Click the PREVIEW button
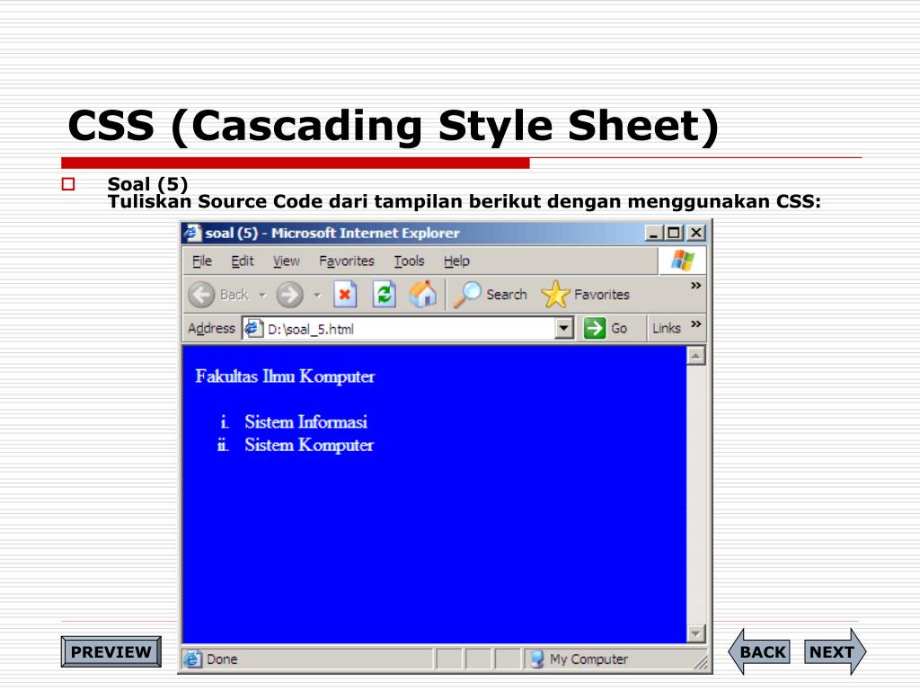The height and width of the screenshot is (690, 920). pyautogui.click(x=111, y=652)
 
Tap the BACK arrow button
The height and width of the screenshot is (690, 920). pyautogui.click(x=759, y=651)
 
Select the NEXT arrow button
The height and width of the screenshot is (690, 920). pyautogui.click(x=835, y=651)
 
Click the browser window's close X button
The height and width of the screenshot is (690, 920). pyautogui.click(x=696, y=233)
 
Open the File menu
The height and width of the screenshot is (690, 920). pyautogui.click(x=202, y=261)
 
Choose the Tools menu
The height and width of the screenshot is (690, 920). pyautogui.click(x=409, y=261)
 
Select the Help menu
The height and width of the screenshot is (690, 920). pyautogui.click(x=456, y=261)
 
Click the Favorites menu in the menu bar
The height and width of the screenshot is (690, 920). pyautogui.click(x=347, y=261)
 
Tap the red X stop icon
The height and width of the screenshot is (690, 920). pyautogui.click(x=345, y=294)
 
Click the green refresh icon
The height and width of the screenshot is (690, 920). pyautogui.click(x=384, y=294)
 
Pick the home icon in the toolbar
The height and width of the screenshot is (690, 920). pyautogui.click(x=423, y=294)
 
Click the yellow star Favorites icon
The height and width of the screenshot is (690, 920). pyautogui.click(x=555, y=294)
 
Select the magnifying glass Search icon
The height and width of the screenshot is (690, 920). pyautogui.click(x=467, y=294)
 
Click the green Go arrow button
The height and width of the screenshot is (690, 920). pyautogui.click(x=595, y=328)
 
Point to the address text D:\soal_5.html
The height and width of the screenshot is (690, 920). pyautogui.click(x=311, y=329)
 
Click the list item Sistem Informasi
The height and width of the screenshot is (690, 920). pyautogui.click(x=306, y=422)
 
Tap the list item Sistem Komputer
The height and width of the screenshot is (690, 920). pyautogui.click(x=309, y=446)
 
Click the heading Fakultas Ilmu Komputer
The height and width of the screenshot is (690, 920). pyautogui.click(x=285, y=376)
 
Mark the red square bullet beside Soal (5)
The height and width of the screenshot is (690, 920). pyautogui.click(x=68, y=184)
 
